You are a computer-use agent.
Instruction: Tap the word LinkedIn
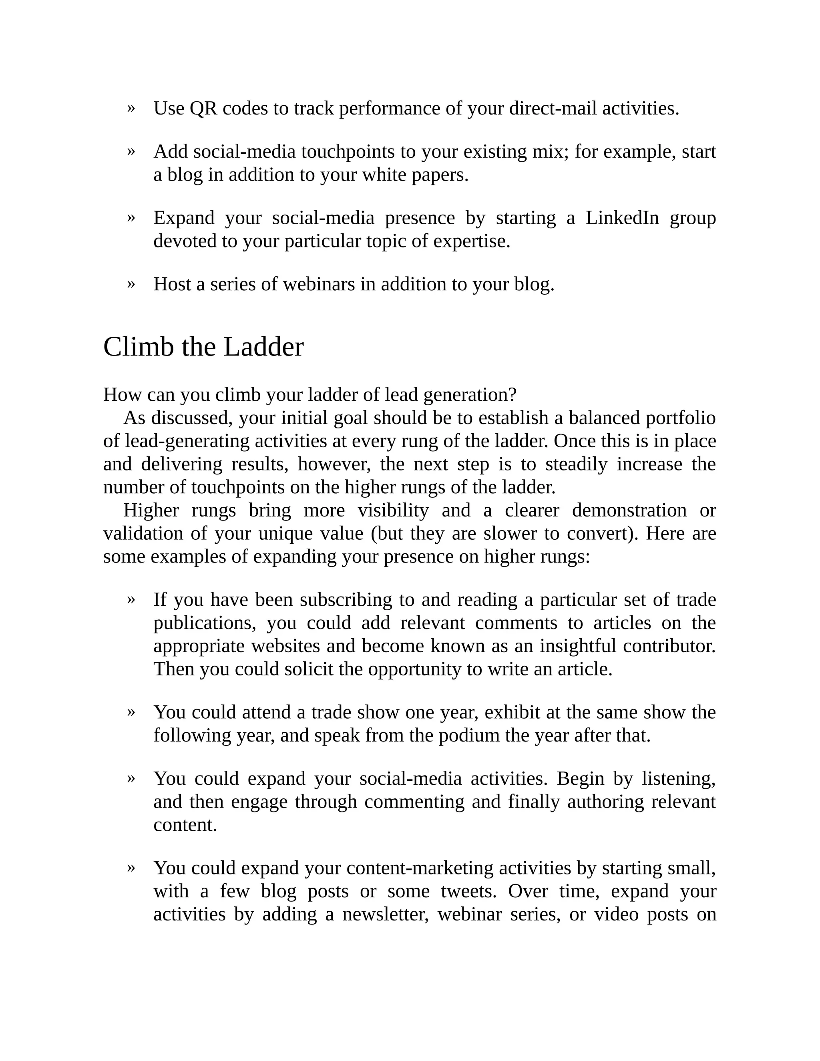(x=622, y=218)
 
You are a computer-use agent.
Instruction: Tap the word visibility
(x=393, y=510)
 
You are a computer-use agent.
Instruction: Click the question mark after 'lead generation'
(x=511, y=395)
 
